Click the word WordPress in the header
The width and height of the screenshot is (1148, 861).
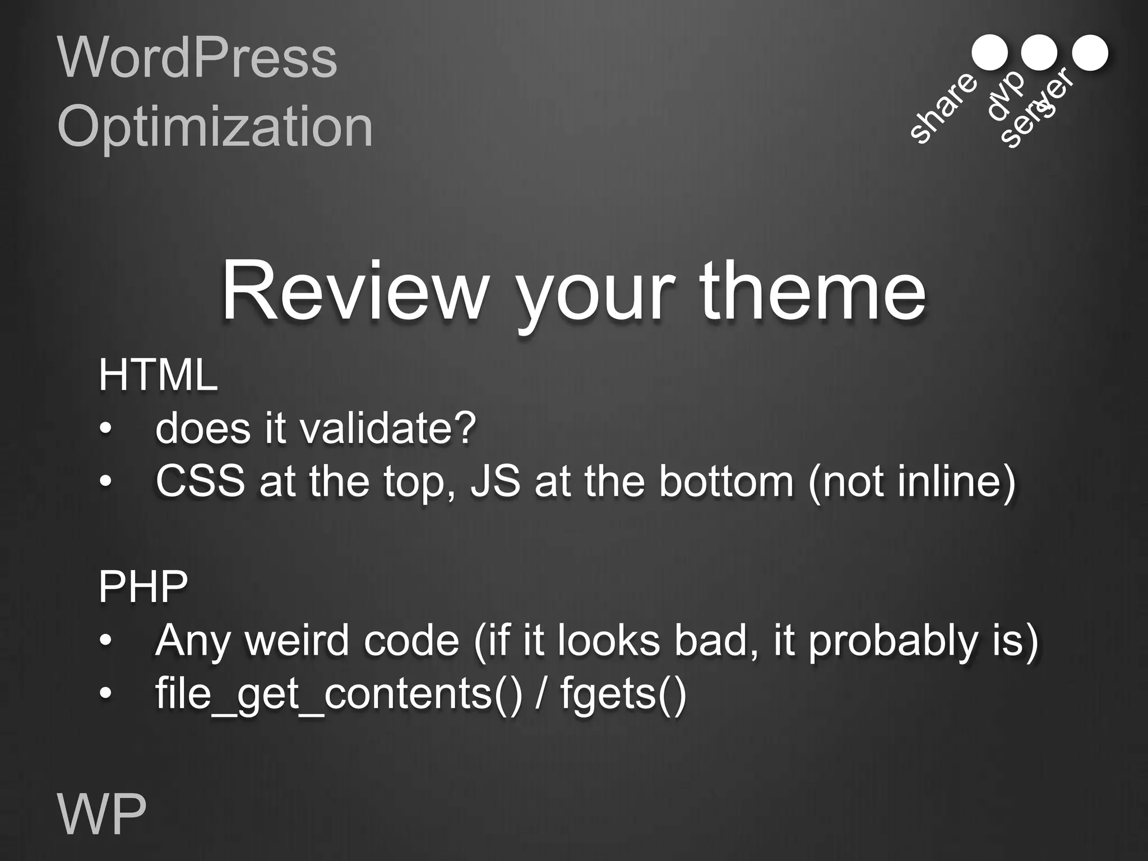point(197,58)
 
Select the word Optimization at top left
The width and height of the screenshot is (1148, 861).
point(215,127)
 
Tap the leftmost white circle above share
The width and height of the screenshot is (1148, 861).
point(989,53)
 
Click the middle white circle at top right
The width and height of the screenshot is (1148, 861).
point(1039,53)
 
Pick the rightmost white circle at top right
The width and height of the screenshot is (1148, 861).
point(1090,53)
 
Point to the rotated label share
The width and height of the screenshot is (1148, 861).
point(943,108)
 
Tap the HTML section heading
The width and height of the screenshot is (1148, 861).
point(158,376)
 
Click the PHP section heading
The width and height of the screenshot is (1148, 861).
point(143,587)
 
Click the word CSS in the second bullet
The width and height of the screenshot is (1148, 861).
point(200,482)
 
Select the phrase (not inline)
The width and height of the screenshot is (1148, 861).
point(912,482)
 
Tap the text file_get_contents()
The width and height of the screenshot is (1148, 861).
point(339,695)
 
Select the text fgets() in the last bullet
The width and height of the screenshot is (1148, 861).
point(623,695)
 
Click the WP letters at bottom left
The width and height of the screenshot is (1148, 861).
point(102,814)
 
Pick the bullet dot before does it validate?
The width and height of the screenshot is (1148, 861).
point(105,430)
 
